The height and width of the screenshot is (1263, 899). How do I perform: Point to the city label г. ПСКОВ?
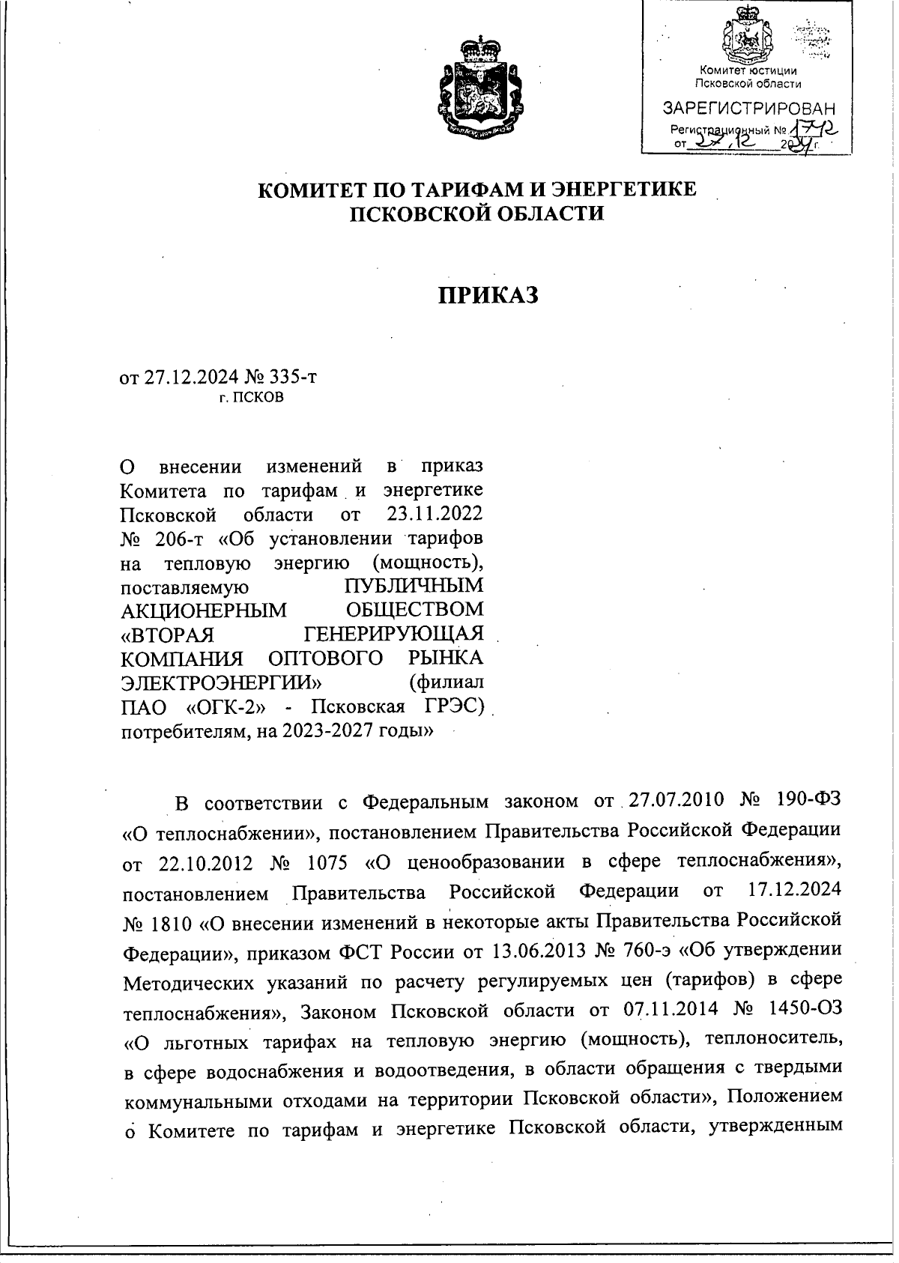(x=252, y=398)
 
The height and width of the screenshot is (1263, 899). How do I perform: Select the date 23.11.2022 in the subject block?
(x=435, y=515)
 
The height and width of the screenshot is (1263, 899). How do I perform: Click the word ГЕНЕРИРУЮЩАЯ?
(x=396, y=634)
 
